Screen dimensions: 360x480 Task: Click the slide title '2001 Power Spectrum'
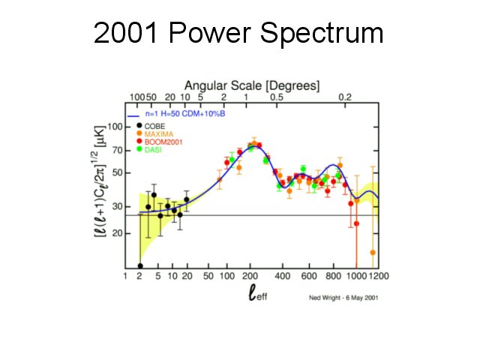(238, 34)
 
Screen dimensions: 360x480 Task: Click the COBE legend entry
(154, 125)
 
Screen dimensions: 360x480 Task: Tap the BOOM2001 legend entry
(160, 142)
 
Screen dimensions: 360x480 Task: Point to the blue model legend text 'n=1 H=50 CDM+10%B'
(187, 115)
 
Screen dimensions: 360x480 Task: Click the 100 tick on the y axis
(113, 126)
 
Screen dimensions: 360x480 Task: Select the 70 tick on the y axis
(115, 151)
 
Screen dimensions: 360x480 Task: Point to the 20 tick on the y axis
(115, 233)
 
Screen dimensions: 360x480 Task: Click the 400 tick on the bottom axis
(283, 276)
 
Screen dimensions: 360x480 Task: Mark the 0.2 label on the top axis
(346, 97)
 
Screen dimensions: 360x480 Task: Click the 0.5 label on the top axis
(276, 97)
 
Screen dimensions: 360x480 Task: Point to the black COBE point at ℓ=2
(140, 266)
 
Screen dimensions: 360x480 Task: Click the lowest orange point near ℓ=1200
(373, 253)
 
